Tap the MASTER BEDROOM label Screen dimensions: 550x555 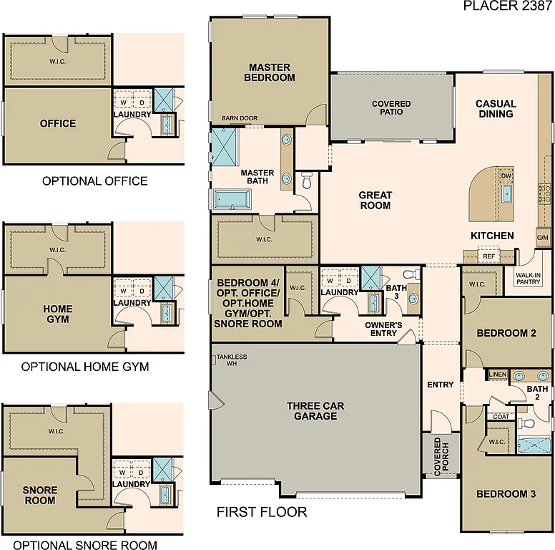271,72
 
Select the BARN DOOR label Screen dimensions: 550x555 239,118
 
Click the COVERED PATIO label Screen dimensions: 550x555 391,107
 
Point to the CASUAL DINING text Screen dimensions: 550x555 496,108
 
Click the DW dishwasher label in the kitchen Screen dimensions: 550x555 506,175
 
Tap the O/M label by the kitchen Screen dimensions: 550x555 543,237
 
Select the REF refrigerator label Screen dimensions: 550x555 489,256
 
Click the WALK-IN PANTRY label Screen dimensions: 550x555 528,278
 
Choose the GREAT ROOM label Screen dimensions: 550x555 375,200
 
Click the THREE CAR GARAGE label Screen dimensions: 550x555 315,410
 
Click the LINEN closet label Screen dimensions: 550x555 497,375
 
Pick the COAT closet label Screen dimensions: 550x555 501,416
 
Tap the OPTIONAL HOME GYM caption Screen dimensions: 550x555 85,367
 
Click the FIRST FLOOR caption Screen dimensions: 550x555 262,512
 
